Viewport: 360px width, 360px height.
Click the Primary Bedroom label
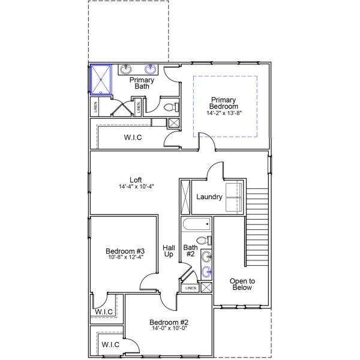click(223, 103)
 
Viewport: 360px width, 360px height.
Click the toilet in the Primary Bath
click(170, 108)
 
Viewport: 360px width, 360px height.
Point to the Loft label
click(136, 179)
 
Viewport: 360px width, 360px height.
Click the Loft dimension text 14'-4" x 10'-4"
click(136, 187)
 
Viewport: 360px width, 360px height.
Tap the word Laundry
click(209, 197)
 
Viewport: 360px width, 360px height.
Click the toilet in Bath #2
click(202, 241)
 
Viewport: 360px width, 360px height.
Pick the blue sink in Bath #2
click(207, 272)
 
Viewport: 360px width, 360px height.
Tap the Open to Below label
click(243, 284)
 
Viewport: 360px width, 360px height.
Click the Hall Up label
click(169, 251)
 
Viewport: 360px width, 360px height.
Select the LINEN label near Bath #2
click(191, 288)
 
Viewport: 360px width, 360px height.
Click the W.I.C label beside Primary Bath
click(133, 137)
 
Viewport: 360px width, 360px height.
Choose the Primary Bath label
click(142, 83)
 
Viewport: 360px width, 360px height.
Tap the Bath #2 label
click(190, 251)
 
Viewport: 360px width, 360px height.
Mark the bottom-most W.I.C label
click(110, 344)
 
